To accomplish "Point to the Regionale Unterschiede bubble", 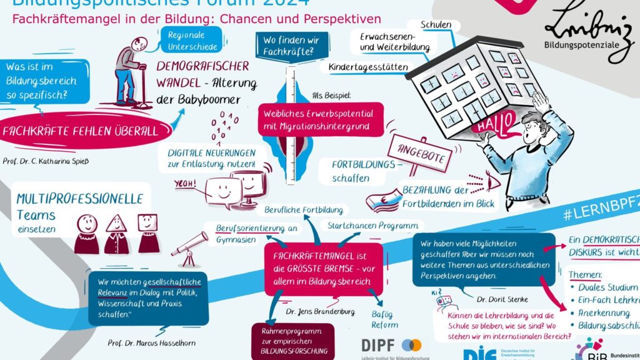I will [191, 41].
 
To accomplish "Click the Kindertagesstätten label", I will [368, 67].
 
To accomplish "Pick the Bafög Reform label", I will [384, 319].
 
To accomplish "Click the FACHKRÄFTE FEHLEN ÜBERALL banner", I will [78, 131].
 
